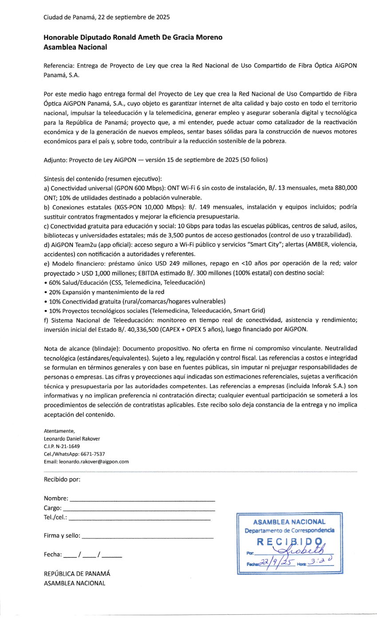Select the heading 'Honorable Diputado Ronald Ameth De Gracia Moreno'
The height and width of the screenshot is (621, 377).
point(133,38)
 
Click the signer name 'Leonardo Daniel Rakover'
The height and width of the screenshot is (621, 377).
point(72,439)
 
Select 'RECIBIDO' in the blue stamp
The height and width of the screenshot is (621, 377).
point(289,542)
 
